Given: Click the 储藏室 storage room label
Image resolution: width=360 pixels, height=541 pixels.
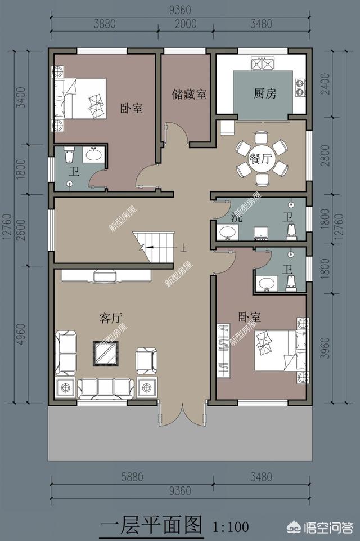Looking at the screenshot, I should coord(190,94).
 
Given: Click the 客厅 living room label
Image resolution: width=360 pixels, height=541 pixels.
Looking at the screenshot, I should coord(111,318).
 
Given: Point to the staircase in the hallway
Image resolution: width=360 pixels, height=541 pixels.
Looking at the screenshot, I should coord(153,247).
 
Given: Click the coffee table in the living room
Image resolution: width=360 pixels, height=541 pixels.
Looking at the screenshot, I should coord(105,353).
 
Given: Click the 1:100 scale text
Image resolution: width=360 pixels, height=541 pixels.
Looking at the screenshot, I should coord(231,527).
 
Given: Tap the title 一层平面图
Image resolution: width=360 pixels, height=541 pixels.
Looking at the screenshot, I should coord(150,526).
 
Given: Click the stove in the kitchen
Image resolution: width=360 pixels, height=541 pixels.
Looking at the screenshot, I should coord(262,64).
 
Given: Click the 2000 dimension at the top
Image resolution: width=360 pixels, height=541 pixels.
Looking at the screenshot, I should coord(184,24).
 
